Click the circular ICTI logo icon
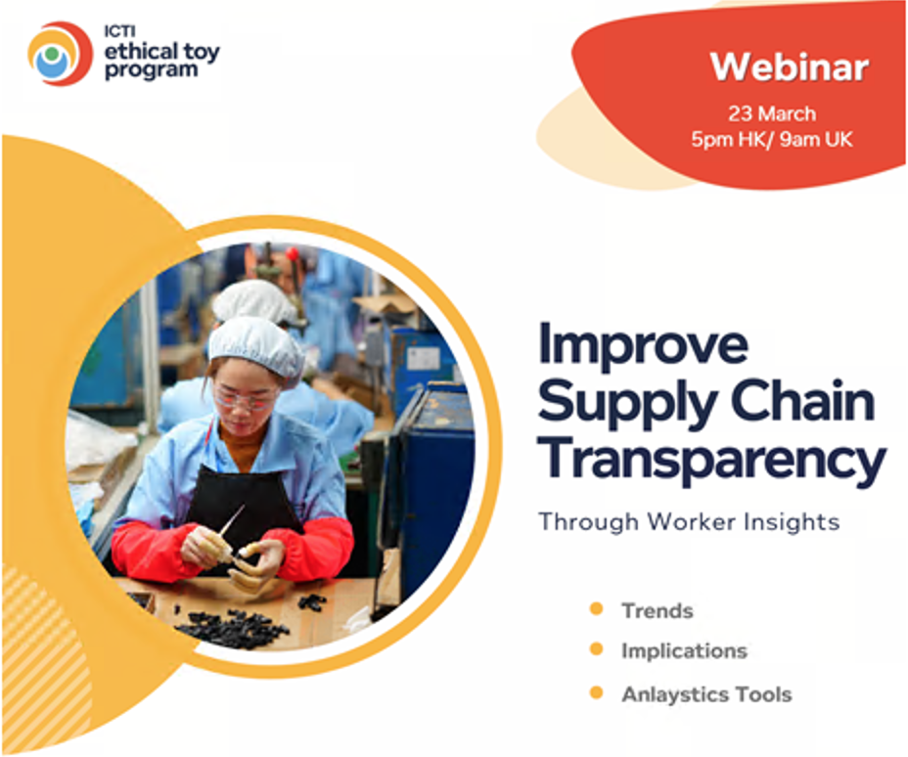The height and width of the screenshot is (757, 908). (x=60, y=54)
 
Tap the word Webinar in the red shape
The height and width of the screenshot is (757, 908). (x=790, y=67)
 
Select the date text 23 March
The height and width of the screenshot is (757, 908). (x=772, y=113)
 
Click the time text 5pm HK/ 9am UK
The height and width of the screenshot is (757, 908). (x=772, y=140)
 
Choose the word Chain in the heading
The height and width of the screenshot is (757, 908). (x=802, y=400)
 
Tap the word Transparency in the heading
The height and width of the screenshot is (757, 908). (x=712, y=462)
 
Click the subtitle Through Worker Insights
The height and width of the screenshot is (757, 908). (x=689, y=522)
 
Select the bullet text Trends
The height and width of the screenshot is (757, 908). (x=658, y=611)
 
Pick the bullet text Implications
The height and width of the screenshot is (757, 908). (x=685, y=651)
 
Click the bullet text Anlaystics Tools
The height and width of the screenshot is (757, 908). (x=706, y=694)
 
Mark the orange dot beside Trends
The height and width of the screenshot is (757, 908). (x=597, y=609)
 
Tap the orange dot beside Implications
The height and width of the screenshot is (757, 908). (x=597, y=648)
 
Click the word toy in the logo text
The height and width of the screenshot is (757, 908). (x=203, y=53)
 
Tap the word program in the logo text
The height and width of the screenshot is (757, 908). (x=151, y=70)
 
